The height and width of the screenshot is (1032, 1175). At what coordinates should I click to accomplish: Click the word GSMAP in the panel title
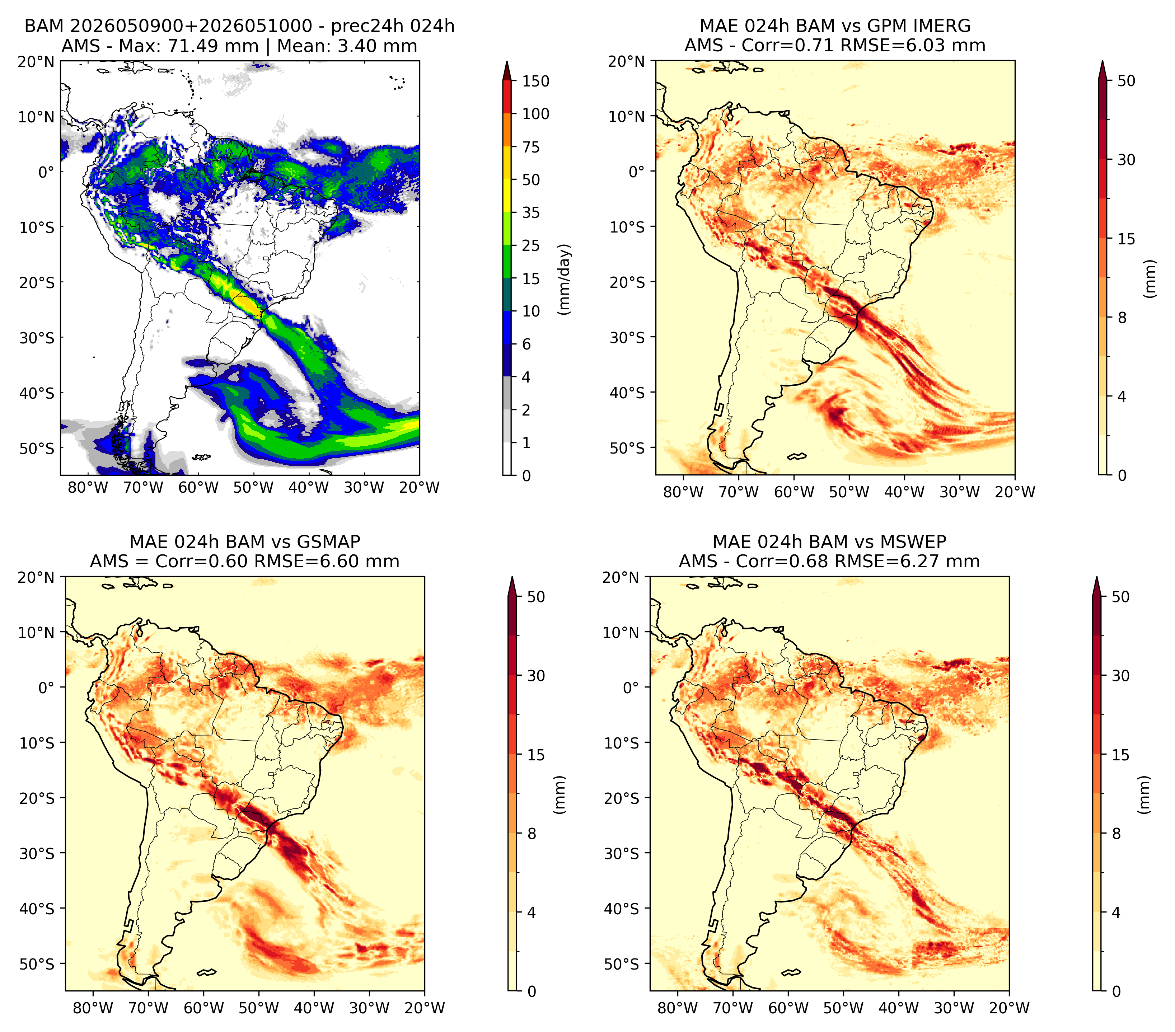(x=328, y=542)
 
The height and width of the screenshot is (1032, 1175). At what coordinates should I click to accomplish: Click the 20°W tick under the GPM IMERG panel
(x=1015, y=492)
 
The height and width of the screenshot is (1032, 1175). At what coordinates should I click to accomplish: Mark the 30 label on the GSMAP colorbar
(x=536, y=676)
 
